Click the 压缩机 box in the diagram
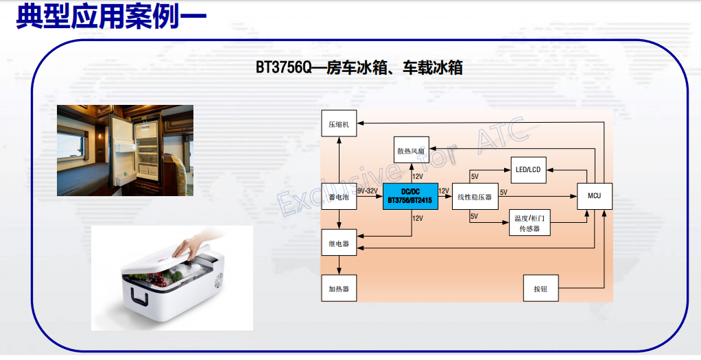coord(339,123)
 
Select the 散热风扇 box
coord(411,150)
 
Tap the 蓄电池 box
coord(339,196)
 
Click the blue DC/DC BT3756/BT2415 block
coord(410,196)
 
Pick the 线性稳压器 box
coord(475,196)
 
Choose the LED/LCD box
coord(528,169)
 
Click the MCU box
coord(595,196)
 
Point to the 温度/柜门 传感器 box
coord(530,223)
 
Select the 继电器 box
coord(339,243)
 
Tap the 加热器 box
coord(339,289)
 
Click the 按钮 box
coord(541,289)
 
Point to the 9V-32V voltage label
coord(368,191)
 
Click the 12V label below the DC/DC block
coord(418,218)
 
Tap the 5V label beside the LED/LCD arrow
coord(475,177)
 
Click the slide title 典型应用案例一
coord(112,17)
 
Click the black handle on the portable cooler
coord(139,296)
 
